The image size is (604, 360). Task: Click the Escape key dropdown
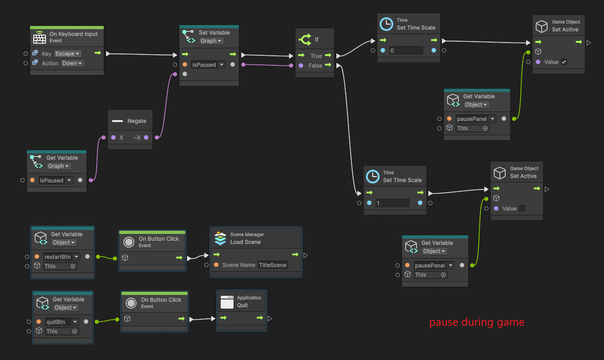(68, 54)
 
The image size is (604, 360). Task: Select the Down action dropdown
(72, 63)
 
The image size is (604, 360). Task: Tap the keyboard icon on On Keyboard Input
(40, 37)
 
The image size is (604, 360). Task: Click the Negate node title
(137, 121)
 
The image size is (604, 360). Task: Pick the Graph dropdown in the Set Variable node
(211, 41)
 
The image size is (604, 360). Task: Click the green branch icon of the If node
(305, 40)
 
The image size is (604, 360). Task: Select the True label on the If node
(316, 56)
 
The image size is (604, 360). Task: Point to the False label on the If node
(315, 66)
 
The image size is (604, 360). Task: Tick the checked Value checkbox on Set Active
(564, 62)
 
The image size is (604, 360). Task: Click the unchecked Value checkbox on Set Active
(522, 208)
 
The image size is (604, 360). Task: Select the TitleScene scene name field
(273, 265)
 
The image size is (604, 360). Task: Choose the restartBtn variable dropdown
(61, 257)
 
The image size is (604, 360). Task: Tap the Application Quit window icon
(227, 302)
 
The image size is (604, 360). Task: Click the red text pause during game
(477, 322)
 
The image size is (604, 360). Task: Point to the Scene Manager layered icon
(220, 238)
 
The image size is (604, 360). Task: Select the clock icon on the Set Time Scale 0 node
(386, 24)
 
